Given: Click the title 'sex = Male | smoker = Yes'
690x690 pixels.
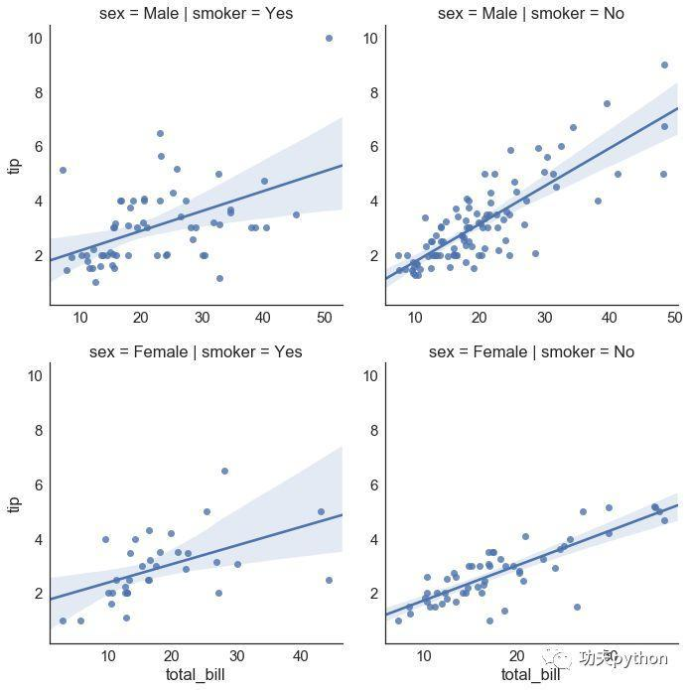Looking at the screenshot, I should [x=196, y=14].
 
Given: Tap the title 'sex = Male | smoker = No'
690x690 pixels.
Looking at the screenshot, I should [x=531, y=14].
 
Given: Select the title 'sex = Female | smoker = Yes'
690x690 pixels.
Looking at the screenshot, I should [x=196, y=352].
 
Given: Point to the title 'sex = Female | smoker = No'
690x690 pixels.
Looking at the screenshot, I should [x=531, y=352].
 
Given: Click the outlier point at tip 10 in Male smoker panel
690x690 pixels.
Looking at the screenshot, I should [x=329, y=38].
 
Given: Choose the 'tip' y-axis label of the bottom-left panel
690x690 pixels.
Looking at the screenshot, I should [x=14, y=503].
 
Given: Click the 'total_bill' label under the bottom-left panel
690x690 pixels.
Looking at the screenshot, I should [x=196, y=675].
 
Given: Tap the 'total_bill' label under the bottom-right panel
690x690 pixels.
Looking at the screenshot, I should [x=531, y=675].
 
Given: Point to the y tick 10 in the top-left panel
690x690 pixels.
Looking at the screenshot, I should [x=34, y=38].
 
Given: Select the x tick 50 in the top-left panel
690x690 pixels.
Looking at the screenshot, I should [x=325, y=318].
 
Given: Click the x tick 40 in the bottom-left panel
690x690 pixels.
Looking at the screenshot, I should [x=300, y=656].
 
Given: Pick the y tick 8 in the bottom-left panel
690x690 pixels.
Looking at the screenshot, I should [x=38, y=431].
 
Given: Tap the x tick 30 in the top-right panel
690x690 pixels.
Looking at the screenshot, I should [x=544, y=318].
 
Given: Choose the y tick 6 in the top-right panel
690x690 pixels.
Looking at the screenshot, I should [x=372, y=147].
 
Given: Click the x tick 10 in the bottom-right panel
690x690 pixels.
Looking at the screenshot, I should [x=424, y=656].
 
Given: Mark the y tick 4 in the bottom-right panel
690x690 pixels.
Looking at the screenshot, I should [x=372, y=540].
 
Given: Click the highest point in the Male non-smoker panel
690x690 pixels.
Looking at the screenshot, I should [x=664, y=65].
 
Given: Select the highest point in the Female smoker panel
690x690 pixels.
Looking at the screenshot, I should [x=224, y=471].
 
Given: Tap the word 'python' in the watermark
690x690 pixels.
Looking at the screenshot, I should [x=635, y=657].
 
